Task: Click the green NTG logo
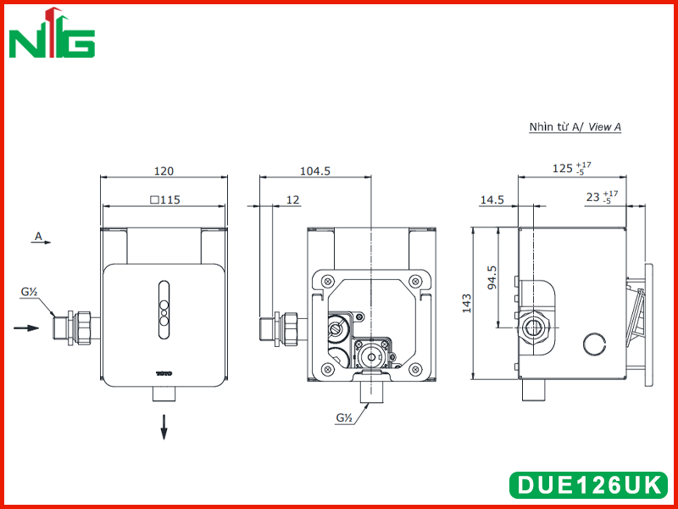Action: click(x=52, y=33)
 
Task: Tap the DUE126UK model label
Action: click(x=589, y=484)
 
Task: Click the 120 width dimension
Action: click(x=164, y=171)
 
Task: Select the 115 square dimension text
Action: click(x=164, y=200)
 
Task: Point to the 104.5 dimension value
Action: click(x=315, y=171)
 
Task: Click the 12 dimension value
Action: click(x=292, y=200)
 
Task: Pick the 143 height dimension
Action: click(x=467, y=303)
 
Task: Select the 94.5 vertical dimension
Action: click(x=492, y=277)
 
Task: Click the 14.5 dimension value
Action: click(x=492, y=200)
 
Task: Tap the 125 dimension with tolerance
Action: click(x=571, y=168)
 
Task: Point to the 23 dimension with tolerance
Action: click(x=602, y=198)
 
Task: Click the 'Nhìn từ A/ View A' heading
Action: click(x=575, y=126)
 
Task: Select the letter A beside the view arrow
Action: click(x=38, y=237)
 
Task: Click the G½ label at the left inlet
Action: click(x=29, y=292)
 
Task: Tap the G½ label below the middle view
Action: click(x=344, y=418)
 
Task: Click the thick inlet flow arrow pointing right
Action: click(x=26, y=328)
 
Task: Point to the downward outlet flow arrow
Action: click(x=164, y=428)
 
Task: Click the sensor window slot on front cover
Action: click(x=164, y=309)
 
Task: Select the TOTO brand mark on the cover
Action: click(x=164, y=372)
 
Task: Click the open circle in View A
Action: click(x=594, y=344)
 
